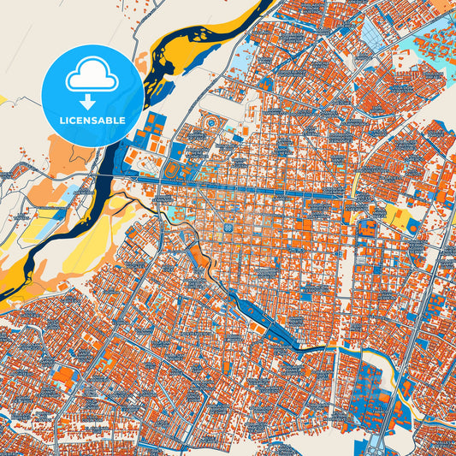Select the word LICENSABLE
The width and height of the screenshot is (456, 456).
(x=92, y=121)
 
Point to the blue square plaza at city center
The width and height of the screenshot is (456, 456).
(x=228, y=228)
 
